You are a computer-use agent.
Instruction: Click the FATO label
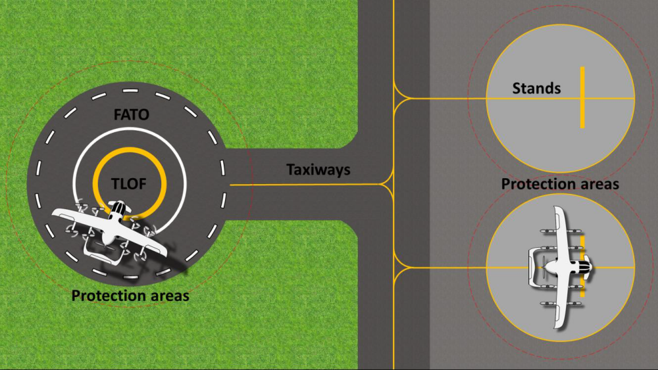[131, 114]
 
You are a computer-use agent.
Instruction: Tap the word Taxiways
[318, 170]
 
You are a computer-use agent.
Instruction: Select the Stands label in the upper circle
[536, 88]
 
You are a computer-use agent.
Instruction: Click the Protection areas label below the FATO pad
[130, 296]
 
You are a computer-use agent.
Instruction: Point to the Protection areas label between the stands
[560, 184]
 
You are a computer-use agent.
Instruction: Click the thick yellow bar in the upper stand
[582, 97]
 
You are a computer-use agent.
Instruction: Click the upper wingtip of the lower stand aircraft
[557, 211]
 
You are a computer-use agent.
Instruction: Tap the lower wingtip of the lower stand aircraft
[559, 325]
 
